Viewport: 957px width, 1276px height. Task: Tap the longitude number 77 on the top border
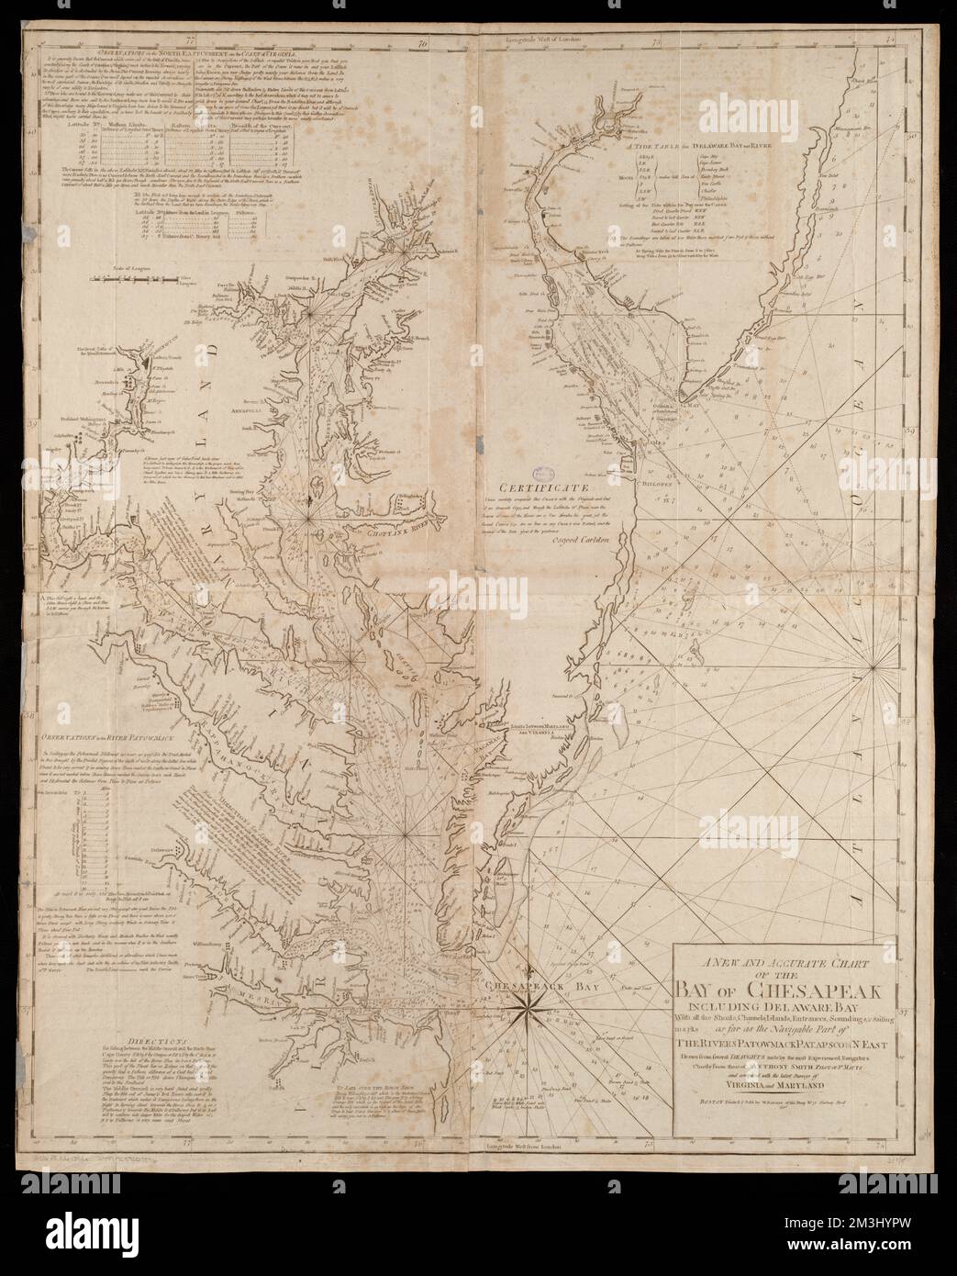tap(214, 40)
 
